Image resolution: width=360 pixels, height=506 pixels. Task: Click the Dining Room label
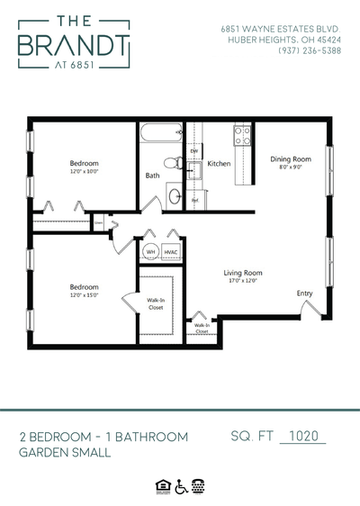coord(290,159)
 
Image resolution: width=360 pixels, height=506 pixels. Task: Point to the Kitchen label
coord(219,165)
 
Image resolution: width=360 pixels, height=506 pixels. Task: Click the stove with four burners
coord(242,136)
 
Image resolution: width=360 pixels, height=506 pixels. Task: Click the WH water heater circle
coord(151,251)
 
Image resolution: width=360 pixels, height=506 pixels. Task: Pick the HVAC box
coord(170,251)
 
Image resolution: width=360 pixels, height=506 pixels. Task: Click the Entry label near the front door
coord(304,293)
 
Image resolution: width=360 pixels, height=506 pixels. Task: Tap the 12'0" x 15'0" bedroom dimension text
coord(84,294)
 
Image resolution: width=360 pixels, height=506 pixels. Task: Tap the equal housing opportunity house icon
coord(163,485)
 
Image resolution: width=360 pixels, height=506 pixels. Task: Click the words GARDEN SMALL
coord(65,453)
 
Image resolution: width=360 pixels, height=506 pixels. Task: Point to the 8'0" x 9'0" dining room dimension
coord(290,167)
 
